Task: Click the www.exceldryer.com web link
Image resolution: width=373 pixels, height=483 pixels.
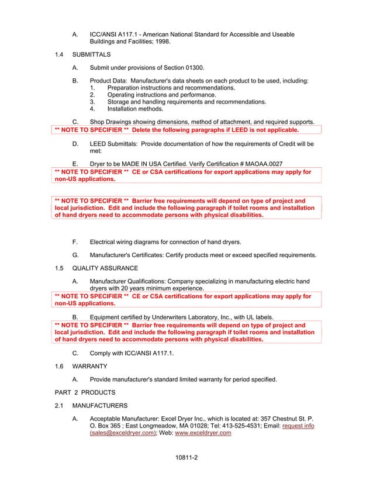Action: [x=203, y=433]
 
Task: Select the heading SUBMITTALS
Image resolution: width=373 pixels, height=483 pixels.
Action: [x=91, y=54]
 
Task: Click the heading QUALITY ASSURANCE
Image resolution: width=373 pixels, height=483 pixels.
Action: [x=105, y=268]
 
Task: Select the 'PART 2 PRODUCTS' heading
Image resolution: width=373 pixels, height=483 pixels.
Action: [x=82, y=391]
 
